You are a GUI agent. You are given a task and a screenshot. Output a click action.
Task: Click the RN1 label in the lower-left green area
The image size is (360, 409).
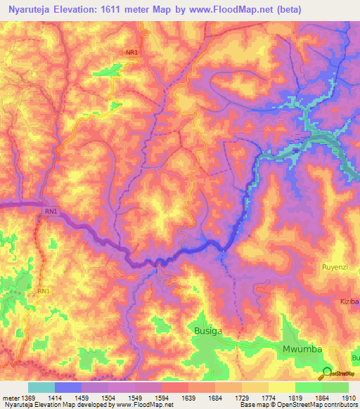(x=44, y=290)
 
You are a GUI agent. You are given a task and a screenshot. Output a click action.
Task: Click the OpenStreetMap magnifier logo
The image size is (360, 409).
(x=327, y=373)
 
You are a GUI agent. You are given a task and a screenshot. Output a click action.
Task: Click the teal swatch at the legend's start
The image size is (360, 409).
(x=41, y=387)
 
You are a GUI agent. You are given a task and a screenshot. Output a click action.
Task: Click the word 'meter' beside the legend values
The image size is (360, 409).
(x=9, y=397)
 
